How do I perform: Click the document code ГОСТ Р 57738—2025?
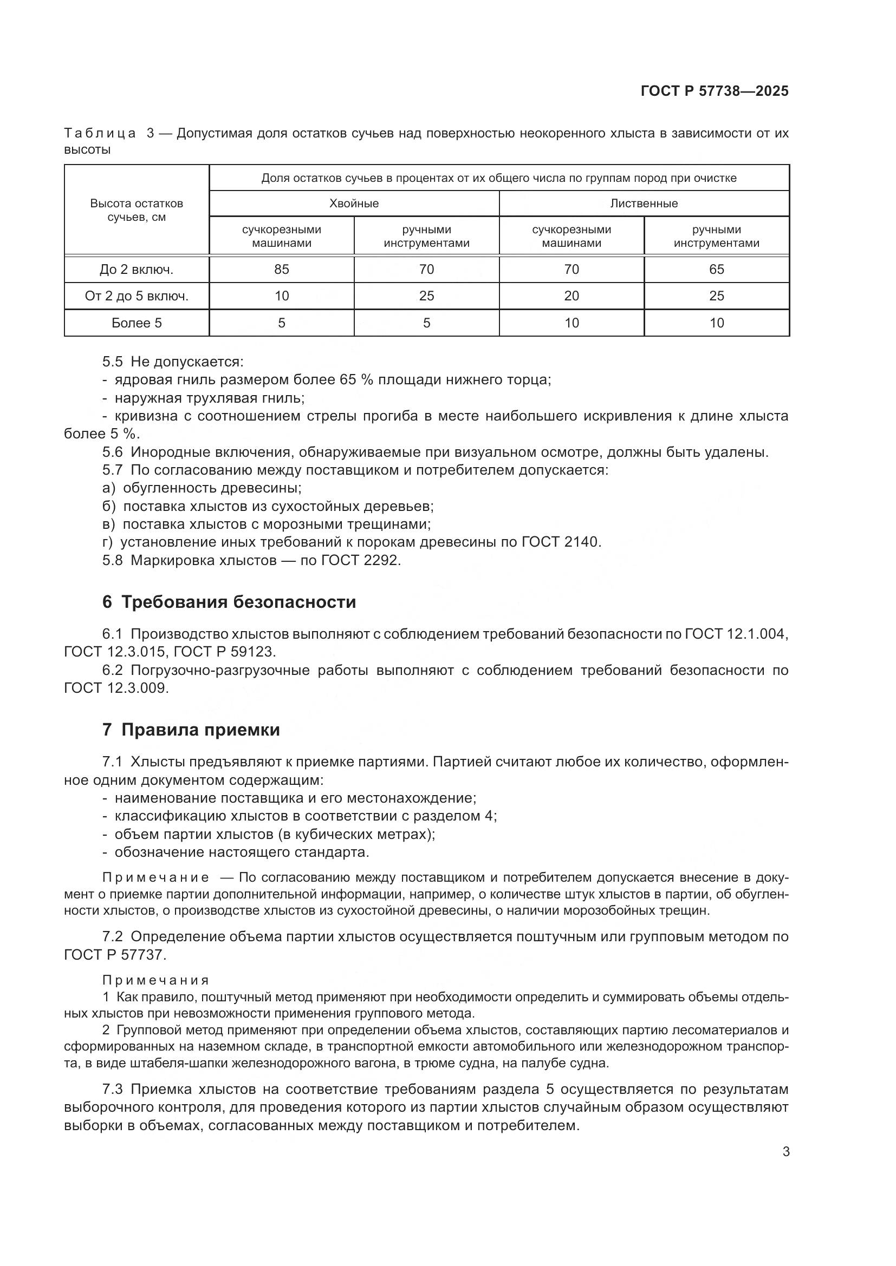tap(715, 91)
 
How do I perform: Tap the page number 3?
tap(785, 1151)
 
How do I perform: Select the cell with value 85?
tap(281, 269)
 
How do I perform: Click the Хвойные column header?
tap(354, 204)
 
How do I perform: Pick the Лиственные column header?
tap(644, 204)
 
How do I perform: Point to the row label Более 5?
tap(137, 323)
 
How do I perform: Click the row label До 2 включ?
tap(137, 269)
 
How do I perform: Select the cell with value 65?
tap(716, 269)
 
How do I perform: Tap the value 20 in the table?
tap(571, 296)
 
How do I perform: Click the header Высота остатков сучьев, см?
tap(137, 210)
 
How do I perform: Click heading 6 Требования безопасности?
tap(229, 602)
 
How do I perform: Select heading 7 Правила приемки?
tap(191, 730)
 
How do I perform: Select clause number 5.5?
tap(112, 362)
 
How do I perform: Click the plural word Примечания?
tap(155, 980)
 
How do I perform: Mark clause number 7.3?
tap(112, 1090)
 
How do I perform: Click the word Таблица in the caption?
tap(100, 134)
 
